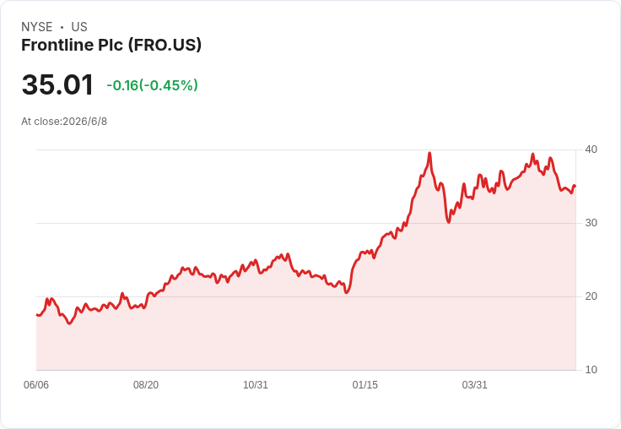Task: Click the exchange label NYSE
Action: point(37,27)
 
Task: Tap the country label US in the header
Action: point(79,27)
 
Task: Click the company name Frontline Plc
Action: point(72,45)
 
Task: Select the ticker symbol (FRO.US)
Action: point(165,45)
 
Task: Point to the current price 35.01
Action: point(57,84)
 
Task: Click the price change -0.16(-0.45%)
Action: point(152,85)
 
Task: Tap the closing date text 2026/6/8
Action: point(84,122)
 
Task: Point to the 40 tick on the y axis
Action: point(591,149)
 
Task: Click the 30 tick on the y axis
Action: point(591,223)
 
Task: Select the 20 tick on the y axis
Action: point(591,296)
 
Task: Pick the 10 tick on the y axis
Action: point(591,370)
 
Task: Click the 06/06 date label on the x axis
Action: point(36,385)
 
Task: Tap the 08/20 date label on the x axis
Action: point(146,385)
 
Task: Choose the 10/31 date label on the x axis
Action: point(256,385)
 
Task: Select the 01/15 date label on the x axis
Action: point(365,385)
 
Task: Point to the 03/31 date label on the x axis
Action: point(474,385)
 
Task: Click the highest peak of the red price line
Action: point(429,153)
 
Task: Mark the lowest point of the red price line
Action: point(70,323)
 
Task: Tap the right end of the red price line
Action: point(575,186)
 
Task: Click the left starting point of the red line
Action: point(37,315)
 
